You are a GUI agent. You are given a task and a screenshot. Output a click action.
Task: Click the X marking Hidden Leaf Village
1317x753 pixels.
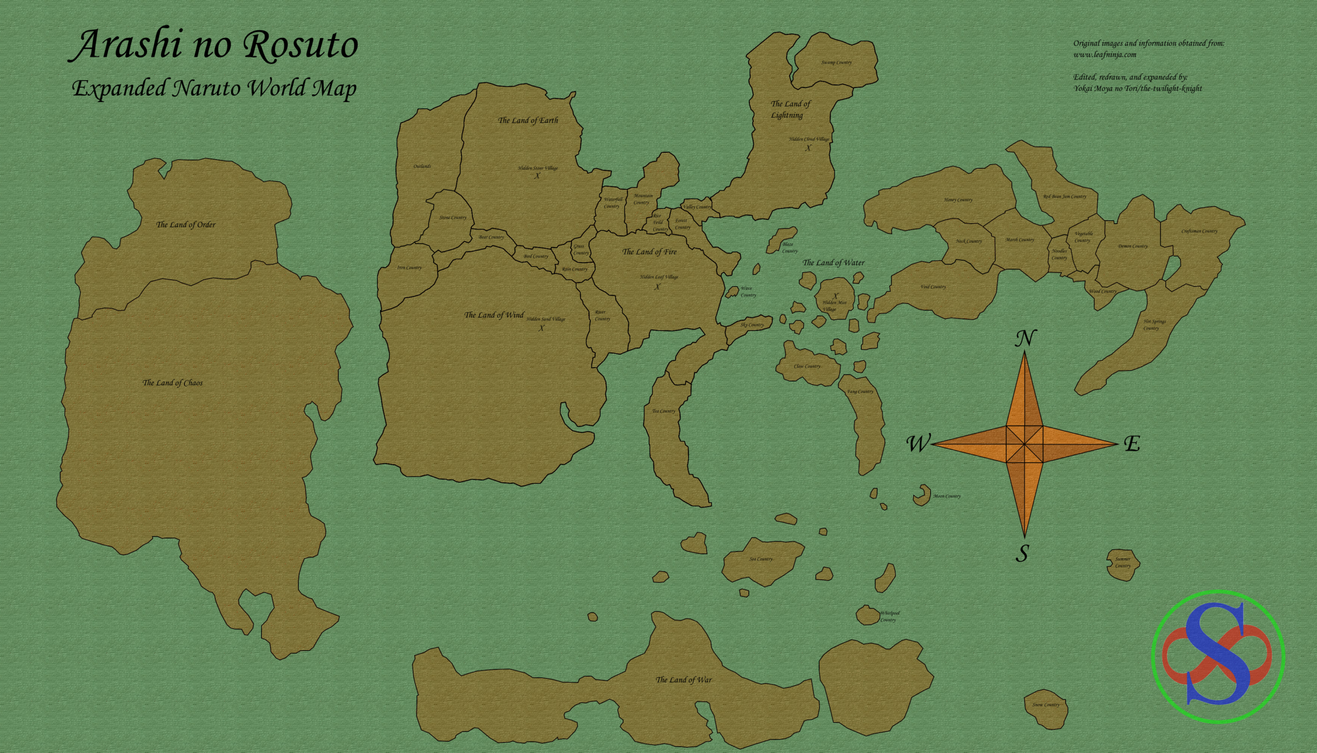click(x=657, y=287)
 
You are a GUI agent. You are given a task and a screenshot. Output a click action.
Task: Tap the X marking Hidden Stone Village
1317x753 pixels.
click(x=538, y=176)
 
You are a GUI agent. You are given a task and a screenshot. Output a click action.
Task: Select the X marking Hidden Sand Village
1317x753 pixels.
click(x=541, y=328)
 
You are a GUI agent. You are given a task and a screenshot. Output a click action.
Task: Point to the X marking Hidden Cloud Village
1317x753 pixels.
click(x=808, y=148)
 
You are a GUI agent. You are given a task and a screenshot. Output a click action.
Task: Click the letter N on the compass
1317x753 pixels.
click(x=1025, y=339)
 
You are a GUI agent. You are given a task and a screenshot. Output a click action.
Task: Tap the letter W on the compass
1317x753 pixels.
click(x=918, y=444)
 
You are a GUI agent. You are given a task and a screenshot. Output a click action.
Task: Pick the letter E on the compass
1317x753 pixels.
click(x=1131, y=444)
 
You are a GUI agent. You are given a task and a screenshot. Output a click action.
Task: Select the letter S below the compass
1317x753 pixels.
click(x=1022, y=554)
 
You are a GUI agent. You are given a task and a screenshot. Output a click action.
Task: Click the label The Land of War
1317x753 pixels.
click(x=683, y=680)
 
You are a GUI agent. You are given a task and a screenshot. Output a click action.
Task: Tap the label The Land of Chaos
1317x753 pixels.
click(x=173, y=383)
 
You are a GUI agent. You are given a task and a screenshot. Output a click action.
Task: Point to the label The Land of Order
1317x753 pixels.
click(x=186, y=225)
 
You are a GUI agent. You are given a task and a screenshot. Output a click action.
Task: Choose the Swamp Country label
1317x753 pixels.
click(x=837, y=63)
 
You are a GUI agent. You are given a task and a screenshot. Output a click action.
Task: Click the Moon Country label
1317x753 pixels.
click(x=947, y=497)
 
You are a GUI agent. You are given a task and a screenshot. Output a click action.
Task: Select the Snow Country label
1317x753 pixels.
click(x=1046, y=705)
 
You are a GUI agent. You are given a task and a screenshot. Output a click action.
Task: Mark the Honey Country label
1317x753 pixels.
click(x=958, y=200)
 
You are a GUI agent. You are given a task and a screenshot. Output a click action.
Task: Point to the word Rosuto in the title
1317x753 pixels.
click(x=300, y=45)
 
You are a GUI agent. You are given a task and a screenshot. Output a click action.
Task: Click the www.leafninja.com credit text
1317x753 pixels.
click(x=1105, y=55)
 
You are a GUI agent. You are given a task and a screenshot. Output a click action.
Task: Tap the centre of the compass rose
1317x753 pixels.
click(x=1024, y=444)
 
